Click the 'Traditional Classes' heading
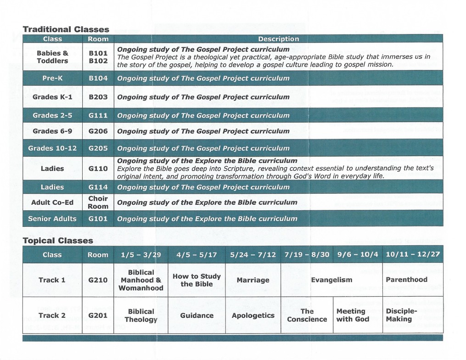(x=66, y=29)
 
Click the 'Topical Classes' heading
(x=58, y=241)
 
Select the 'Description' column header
(x=278, y=39)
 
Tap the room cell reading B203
(x=98, y=97)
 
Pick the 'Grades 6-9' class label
(x=52, y=131)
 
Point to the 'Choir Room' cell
(x=98, y=202)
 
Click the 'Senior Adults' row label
(x=52, y=219)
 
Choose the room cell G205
(x=98, y=148)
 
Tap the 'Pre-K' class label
(x=52, y=78)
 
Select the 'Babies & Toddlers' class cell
(x=52, y=57)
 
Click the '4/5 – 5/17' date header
(x=197, y=254)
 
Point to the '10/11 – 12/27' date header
(x=413, y=254)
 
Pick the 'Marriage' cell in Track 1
(x=253, y=280)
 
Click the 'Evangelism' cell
(x=331, y=280)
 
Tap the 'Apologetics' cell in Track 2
(x=253, y=315)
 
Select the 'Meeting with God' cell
(x=353, y=315)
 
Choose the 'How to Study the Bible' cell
(x=197, y=280)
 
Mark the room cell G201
(x=98, y=315)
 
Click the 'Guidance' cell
(x=197, y=315)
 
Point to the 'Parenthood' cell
(x=406, y=280)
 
